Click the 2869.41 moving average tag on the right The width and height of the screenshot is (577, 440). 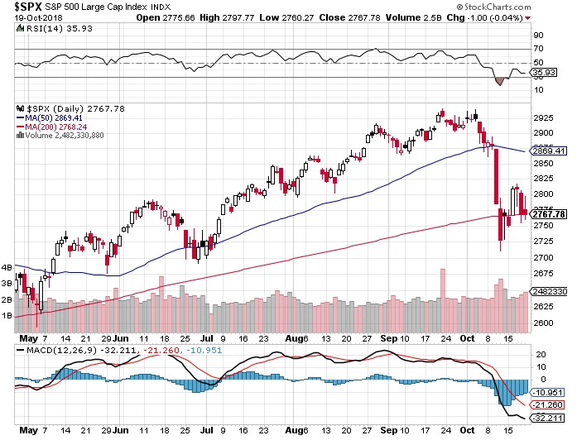coord(552,151)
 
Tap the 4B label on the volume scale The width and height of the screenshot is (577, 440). coord(7,268)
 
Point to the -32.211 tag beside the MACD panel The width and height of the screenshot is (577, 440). coord(550,418)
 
